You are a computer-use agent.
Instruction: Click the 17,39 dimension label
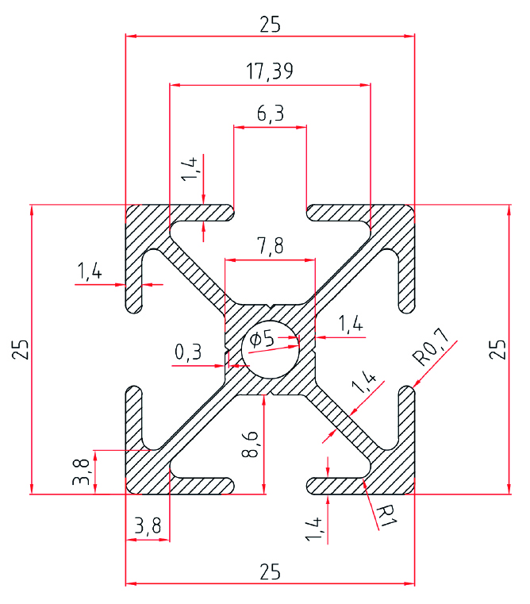pyautogui.click(x=270, y=71)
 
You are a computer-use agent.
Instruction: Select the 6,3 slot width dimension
pyautogui.click(x=270, y=114)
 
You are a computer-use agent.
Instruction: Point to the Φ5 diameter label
pyautogui.click(x=261, y=340)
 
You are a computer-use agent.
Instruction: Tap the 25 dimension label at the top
pyautogui.click(x=270, y=25)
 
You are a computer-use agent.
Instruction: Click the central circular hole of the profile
pyautogui.click(x=271, y=350)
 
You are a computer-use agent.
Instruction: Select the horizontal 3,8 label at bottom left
pyautogui.click(x=148, y=525)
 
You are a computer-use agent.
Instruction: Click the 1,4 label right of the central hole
pyautogui.click(x=350, y=323)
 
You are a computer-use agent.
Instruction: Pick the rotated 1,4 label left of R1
pyautogui.click(x=313, y=529)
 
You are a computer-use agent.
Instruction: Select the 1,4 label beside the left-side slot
pyautogui.click(x=89, y=272)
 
